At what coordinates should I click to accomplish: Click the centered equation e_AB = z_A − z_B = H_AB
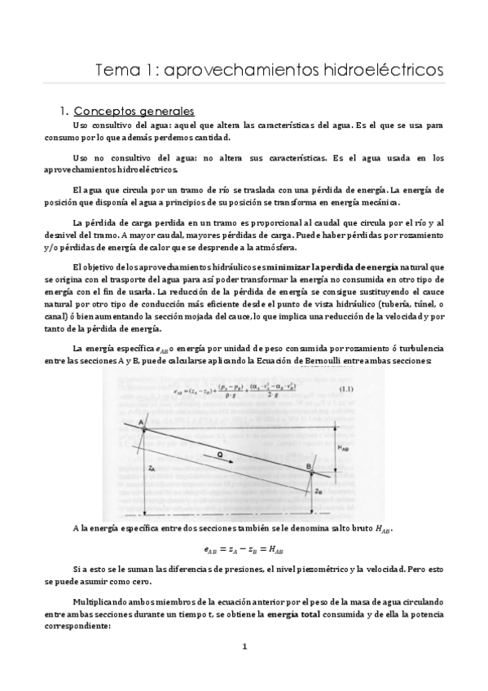click(x=243, y=551)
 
